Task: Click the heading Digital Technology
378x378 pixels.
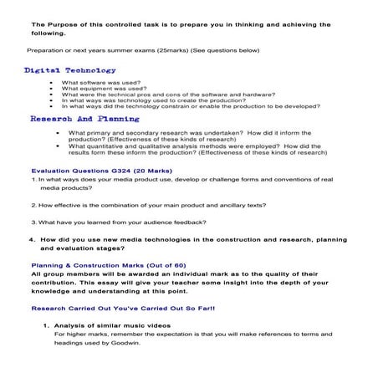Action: tap(69, 70)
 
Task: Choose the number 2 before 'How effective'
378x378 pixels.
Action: tap(32, 205)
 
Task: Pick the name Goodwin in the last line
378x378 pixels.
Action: tap(124, 343)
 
